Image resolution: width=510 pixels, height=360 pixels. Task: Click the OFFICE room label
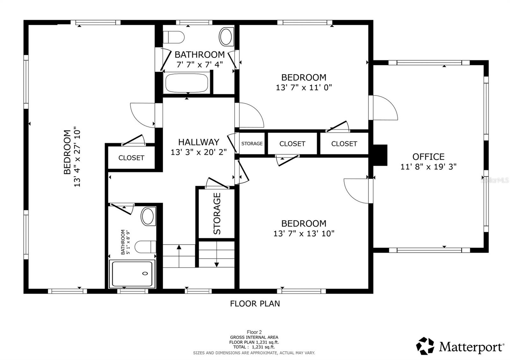pyautogui.click(x=428, y=157)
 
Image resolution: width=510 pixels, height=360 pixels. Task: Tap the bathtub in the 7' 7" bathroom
pyautogui.click(x=187, y=83)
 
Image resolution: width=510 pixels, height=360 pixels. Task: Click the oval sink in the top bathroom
pyautogui.click(x=227, y=36)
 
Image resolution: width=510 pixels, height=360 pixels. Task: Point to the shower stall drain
pyautogui.click(x=145, y=273)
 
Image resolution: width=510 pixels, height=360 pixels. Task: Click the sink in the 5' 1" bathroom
pyautogui.click(x=148, y=216)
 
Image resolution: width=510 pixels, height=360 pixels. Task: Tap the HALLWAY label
pyautogui.click(x=199, y=142)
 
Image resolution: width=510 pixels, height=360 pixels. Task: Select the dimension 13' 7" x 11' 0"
pyautogui.click(x=304, y=87)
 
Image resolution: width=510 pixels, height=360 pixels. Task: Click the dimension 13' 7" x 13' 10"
pyautogui.click(x=304, y=234)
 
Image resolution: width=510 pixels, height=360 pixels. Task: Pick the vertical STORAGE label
pyautogui.click(x=217, y=213)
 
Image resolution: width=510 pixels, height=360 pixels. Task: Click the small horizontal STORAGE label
pyautogui.click(x=252, y=144)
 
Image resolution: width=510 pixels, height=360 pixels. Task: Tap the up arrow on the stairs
pyautogui.click(x=179, y=247)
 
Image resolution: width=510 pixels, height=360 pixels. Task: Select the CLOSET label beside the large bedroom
pyautogui.click(x=131, y=158)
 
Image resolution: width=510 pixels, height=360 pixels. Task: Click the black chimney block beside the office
pyautogui.click(x=380, y=155)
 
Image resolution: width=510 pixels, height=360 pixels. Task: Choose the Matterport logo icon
pyautogui.click(x=425, y=346)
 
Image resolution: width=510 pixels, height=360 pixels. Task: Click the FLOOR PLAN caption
pyautogui.click(x=255, y=304)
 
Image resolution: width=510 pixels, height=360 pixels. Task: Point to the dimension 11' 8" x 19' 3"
pyautogui.click(x=428, y=167)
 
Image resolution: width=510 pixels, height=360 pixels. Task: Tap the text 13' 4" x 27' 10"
pyautogui.click(x=77, y=157)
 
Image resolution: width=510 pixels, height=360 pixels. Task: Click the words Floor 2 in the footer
pyautogui.click(x=254, y=332)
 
